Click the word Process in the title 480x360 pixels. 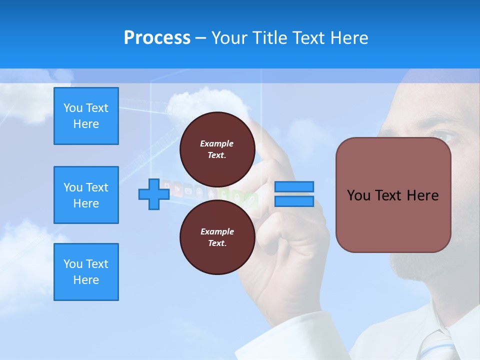(x=157, y=38)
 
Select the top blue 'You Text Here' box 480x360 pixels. (x=86, y=116)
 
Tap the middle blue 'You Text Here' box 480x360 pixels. (x=86, y=195)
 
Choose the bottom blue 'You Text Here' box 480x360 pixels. (x=86, y=272)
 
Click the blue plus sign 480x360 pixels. (x=154, y=194)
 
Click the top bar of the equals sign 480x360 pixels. (x=294, y=187)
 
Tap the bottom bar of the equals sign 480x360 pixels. (x=294, y=201)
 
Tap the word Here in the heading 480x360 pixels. (x=349, y=38)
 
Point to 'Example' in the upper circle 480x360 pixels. (x=217, y=143)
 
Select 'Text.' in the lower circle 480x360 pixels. (x=217, y=243)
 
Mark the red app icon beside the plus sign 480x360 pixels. (x=176, y=190)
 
